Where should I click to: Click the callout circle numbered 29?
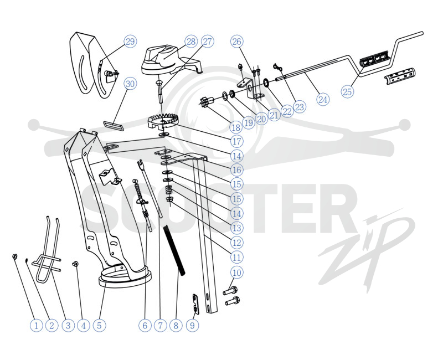[x=130, y=42]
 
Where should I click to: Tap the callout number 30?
[x=130, y=84]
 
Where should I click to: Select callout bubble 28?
[x=191, y=42]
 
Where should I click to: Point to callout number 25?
[x=347, y=91]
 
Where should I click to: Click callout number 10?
[x=237, y=272]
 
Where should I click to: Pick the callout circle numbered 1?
[x=36, y=326]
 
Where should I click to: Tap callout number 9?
[x=192, y=326]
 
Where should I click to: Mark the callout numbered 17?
[x=237, y=141]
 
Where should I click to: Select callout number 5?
[x=99, y=326]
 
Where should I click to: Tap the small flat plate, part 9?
[x=195, y=304]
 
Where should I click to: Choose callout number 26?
[x=237, y=42]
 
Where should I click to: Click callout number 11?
[x=237, y=258]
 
